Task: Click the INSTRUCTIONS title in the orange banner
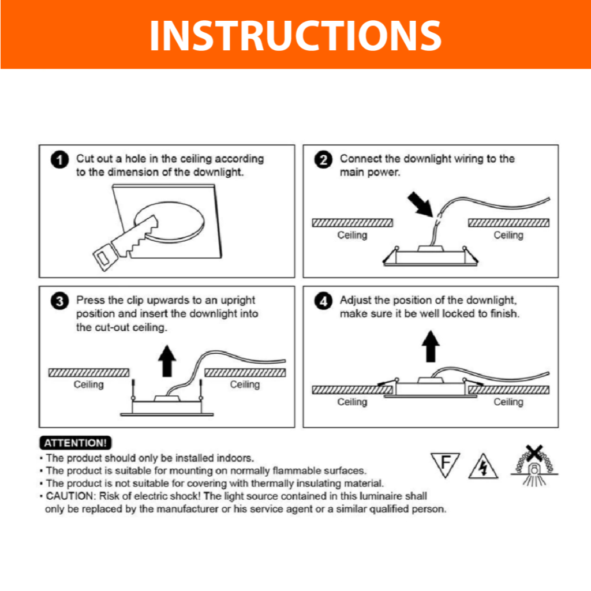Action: pos(295,35)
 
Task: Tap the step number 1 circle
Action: pos(59,159)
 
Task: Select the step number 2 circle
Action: pos(323,159)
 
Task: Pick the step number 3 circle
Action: pos(59,301)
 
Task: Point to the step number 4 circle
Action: pos(323,301)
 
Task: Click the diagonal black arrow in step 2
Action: pos(421,204)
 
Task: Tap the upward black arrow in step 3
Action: pos(167,361)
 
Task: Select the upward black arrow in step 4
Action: pos(431,346)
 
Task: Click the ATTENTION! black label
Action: pos(76,443)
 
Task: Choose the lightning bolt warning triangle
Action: pos(483,466)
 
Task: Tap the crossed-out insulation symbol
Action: pos(534,466)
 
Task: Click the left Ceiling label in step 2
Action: pos(352,235)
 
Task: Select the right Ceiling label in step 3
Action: pos(245,384)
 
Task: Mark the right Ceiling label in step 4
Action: pos(508,402)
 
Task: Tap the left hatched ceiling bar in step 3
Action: pos(89,373)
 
